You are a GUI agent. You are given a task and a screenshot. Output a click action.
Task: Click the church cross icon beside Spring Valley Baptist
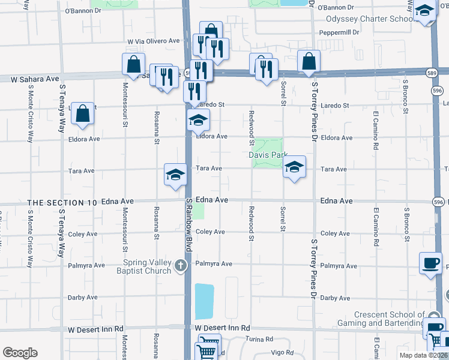pyautogui.click(x=181, y=266)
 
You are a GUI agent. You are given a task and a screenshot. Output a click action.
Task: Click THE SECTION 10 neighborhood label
pyautogui.click(x=62, y=203)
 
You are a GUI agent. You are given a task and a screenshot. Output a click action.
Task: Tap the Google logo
pyautogui.click(x=20, y=353)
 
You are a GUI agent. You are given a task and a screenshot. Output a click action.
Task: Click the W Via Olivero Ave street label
pyautogui.click(x=154, y=41)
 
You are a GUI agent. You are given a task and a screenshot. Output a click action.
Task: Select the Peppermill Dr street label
pyautogui.click(x=339, y=32)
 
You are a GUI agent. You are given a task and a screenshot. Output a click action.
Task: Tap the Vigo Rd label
pyautogui.click(x=282, y=353)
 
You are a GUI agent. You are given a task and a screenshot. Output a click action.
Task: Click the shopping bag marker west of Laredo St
pyautogui.click(x=83, y=112)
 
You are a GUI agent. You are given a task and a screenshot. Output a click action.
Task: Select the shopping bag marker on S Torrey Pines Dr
pyautogui.click(x=309, y=61)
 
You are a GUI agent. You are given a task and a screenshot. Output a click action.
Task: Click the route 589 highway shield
pyautogui.click(x=432, y=73)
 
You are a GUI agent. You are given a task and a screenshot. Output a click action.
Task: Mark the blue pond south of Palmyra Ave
pyautogui.click(x=203, y=301)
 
